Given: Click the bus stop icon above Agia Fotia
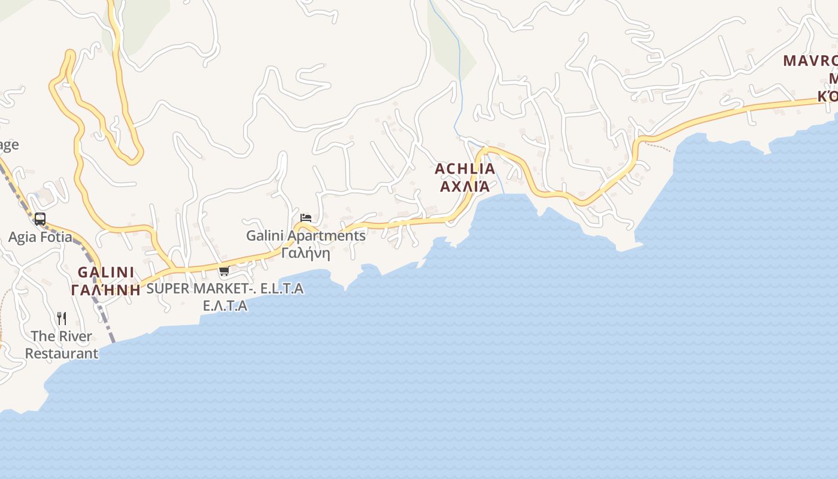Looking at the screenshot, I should [x=40, y=219].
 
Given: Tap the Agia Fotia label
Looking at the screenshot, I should [x=40, y=237].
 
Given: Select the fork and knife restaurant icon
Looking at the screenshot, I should [x=62, y=318].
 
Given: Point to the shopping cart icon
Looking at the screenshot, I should [x=224, y=271].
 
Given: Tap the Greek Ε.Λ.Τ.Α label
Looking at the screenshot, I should [x=225, y=306].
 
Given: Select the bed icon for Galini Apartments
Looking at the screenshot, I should [x=306, y=218].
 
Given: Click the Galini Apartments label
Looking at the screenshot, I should [x=306, y=235].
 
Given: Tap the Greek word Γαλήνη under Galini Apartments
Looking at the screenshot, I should [x=306, y=253].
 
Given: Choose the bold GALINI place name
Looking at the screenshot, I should [x=106, y=272].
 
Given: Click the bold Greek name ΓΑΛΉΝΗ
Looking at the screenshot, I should [x=106, y=290].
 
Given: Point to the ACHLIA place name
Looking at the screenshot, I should [x=464, y=169].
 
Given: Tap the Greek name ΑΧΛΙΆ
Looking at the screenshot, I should [x=464, y=187].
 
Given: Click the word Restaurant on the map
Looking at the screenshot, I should [x=62, y=353].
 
